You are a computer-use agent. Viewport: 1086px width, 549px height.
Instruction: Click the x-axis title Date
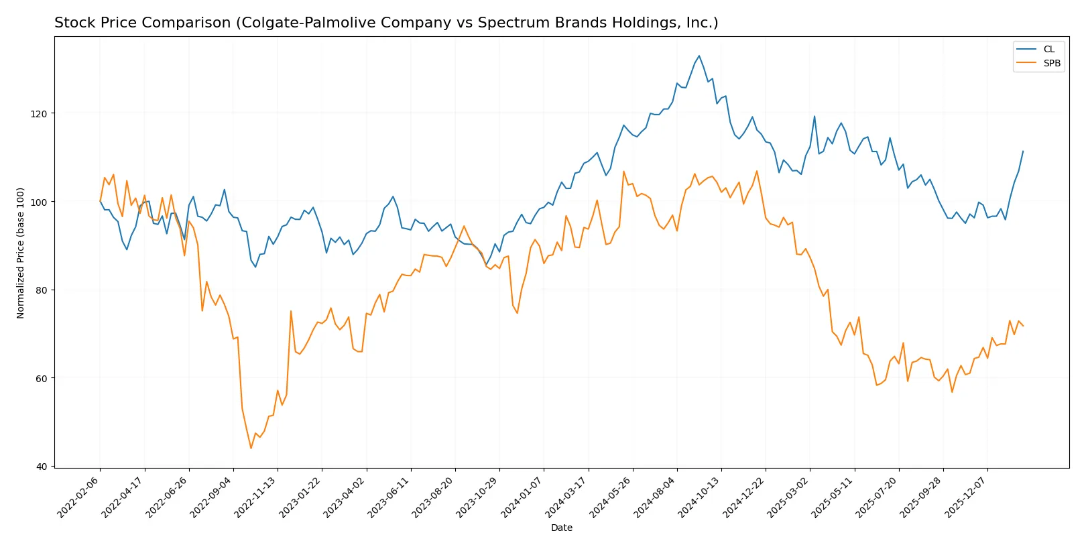(x=561, y=528)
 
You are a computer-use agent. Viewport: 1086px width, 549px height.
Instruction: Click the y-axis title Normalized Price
(x=21, y=253)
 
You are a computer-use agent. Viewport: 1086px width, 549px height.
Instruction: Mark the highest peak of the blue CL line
(x=699, y=56)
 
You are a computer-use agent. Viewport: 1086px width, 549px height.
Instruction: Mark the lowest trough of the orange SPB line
(x=251, y=448)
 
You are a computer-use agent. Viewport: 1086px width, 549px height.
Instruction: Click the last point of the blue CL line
(x=1023, y=151)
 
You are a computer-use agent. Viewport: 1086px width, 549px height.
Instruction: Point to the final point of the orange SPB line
(x=1023, y=326)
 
